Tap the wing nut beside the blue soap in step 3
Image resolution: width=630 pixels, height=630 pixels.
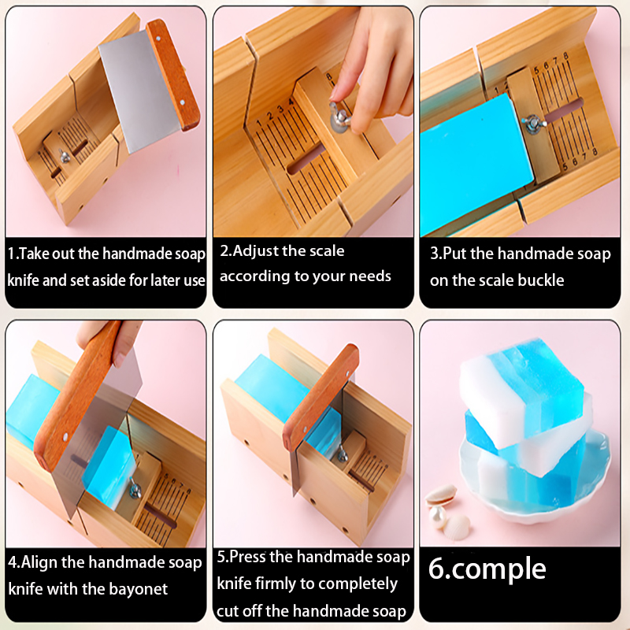tap(533, 124)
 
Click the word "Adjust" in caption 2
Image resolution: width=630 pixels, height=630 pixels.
tap(254, 251)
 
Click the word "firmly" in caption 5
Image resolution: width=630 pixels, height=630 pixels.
tap(276, 584)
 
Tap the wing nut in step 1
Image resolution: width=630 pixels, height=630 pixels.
tap(64, 156)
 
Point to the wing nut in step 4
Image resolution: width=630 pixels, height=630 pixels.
tap(135, 489)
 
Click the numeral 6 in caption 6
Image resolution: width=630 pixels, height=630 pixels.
tap(435, 568)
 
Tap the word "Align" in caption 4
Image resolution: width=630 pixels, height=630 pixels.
tap(39, 561)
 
